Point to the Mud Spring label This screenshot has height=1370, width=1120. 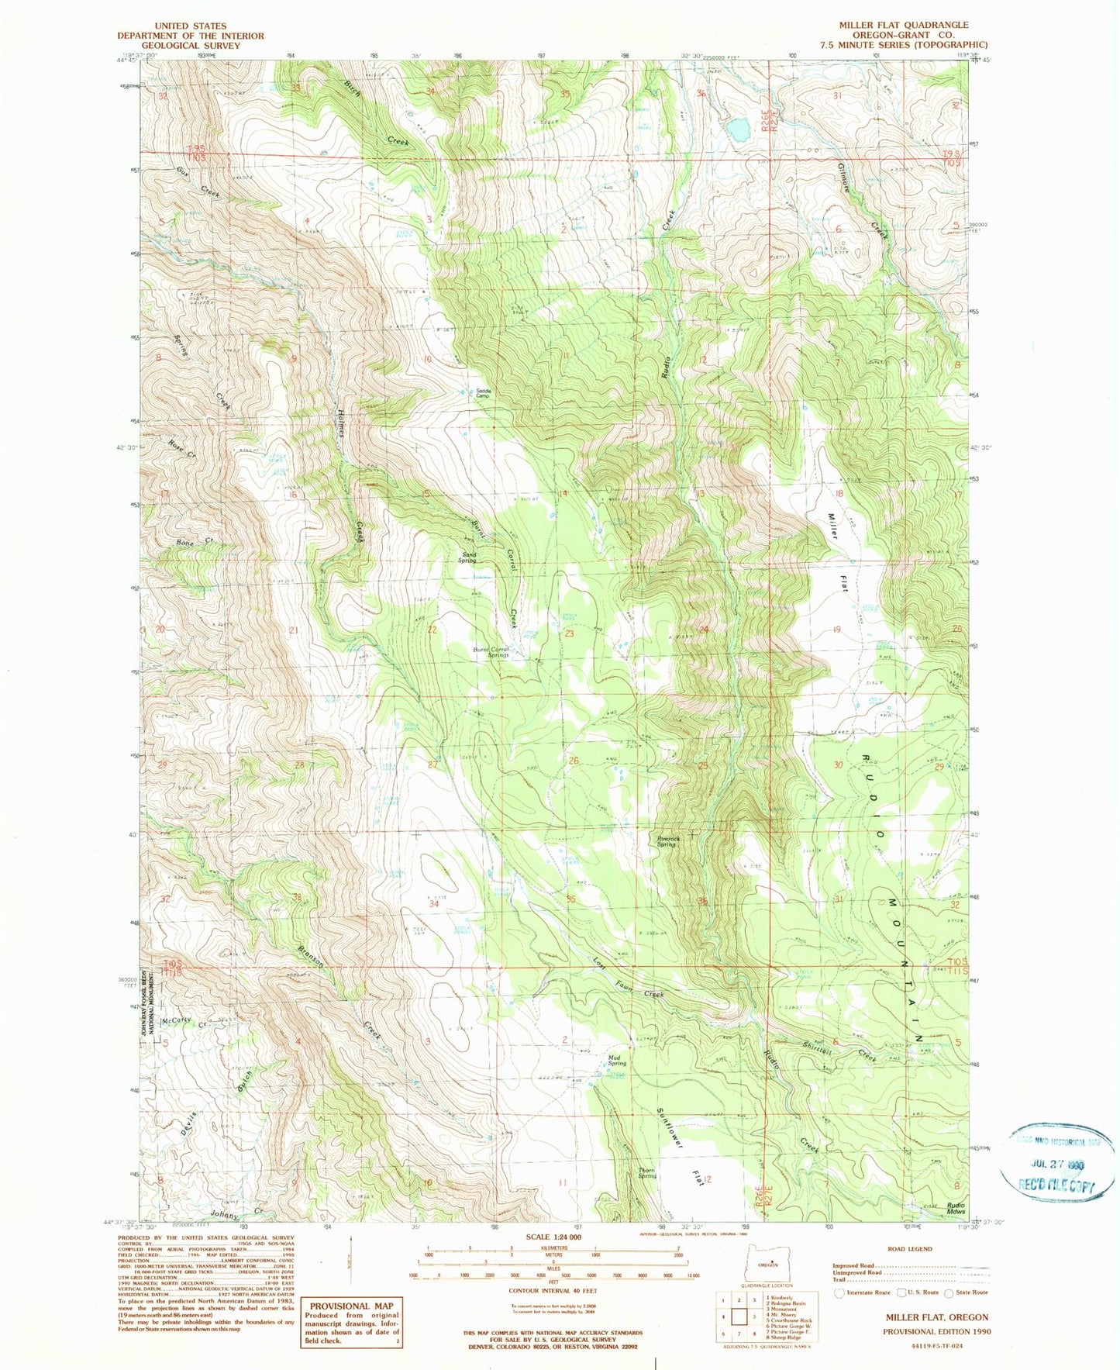click(617, 1061)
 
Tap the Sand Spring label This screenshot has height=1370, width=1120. click(469, 557)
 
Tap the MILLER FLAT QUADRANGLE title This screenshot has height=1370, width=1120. click(903, 25)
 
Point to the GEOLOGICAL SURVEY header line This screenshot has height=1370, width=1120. click(190, 46)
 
